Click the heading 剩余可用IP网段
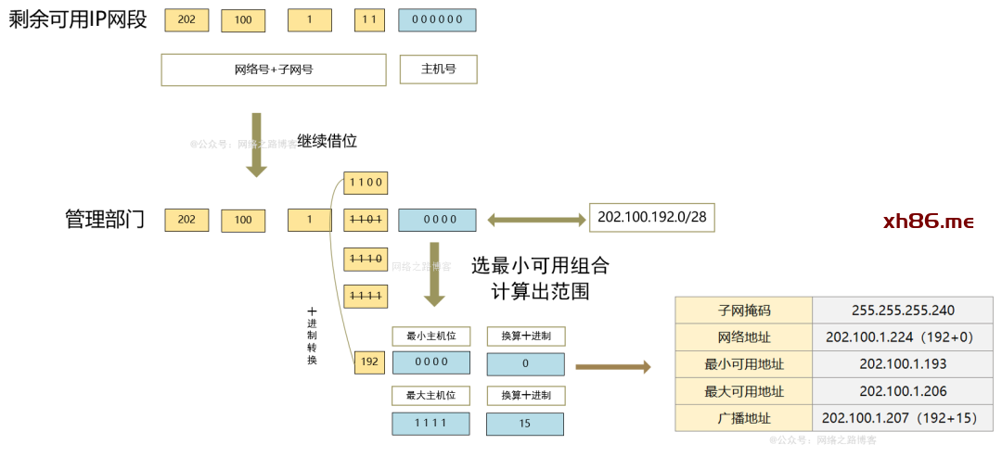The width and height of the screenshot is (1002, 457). coord(78,19)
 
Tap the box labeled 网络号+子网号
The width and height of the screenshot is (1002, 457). coord(273,70)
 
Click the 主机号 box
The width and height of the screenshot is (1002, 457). coord(438,70)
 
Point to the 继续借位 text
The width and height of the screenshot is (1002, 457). coord(327,142)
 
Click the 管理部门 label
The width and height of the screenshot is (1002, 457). coord(105,220)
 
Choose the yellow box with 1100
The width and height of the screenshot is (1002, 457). coord(366,182)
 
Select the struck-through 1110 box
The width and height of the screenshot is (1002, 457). coord(366,259)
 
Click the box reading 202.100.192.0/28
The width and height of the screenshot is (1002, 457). coord(652,217)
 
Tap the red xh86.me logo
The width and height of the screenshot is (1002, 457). coord(928,221)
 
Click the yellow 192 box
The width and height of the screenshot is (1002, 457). coord(369,362)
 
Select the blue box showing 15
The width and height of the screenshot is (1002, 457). coord(525,423)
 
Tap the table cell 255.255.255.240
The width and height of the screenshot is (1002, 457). coord(902,311)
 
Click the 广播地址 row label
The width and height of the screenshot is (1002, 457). coord(743,418)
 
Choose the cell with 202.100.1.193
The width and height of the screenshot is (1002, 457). coord(902,364)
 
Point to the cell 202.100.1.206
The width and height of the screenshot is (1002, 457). coord(902,391)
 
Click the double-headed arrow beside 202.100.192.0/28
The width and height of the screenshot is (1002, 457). coord(535,220)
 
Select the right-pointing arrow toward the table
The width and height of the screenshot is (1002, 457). coord(612,366)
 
